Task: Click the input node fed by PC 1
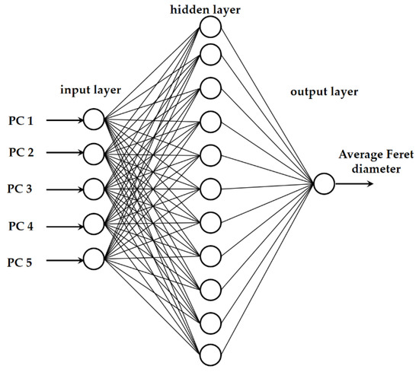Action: point(94,119)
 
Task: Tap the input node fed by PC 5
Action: point(94,259)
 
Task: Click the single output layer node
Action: point(323,185)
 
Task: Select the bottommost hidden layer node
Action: point(210,354)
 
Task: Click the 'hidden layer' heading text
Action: point(209,8)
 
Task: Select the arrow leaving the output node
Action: point(354,185)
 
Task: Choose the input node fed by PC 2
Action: point(94,154)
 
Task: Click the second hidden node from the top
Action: point(210,54)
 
